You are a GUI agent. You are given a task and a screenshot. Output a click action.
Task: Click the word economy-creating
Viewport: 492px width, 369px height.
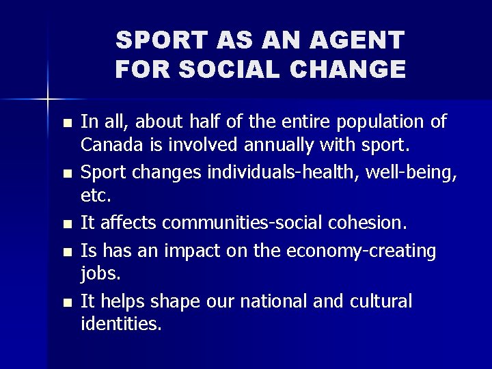click(x=362, y=251)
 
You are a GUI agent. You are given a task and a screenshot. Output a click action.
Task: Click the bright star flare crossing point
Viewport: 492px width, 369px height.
click(x=48, y=98)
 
